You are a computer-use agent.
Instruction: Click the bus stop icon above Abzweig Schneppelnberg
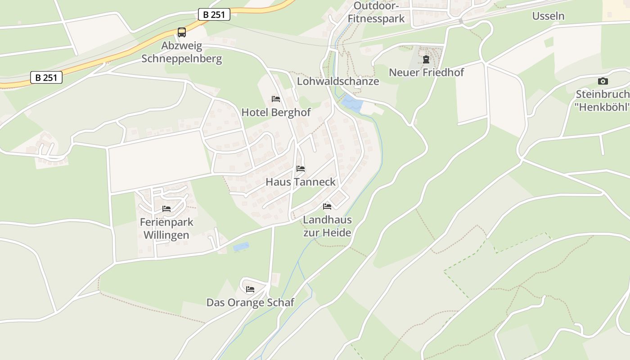[x=182, y=32]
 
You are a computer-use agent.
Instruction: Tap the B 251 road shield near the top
[x=214, y=15]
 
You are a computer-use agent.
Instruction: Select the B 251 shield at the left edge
[x=46, y=77]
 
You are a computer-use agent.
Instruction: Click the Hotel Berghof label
[x=276, y=112]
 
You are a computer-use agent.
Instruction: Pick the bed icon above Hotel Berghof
[x=276, y=99]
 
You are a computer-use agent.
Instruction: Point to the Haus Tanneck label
[x=301, y=182]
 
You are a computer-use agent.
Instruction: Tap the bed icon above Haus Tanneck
[x=301, y=169]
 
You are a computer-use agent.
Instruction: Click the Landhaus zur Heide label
[x=327, y=226]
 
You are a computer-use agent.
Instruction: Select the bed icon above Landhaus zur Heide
[x=327, y=207]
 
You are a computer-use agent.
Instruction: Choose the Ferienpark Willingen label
[x=166, y=228]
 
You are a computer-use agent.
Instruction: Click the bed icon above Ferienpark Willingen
[x=166, y=209]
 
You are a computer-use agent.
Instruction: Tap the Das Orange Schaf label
[x=250, y=302]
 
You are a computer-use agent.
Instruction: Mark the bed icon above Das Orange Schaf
[x=250, y=289]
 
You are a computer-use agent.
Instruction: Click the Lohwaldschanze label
[x=338, y=81]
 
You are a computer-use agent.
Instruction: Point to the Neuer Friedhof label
[x=426, y=72]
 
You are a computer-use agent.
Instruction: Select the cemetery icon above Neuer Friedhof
[x=426, y=59]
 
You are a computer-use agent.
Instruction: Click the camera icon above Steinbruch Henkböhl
[x=603, y=81]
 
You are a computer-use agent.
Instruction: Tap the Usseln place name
[x=548, y=16]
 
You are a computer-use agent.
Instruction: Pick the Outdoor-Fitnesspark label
[x=376, y=12]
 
